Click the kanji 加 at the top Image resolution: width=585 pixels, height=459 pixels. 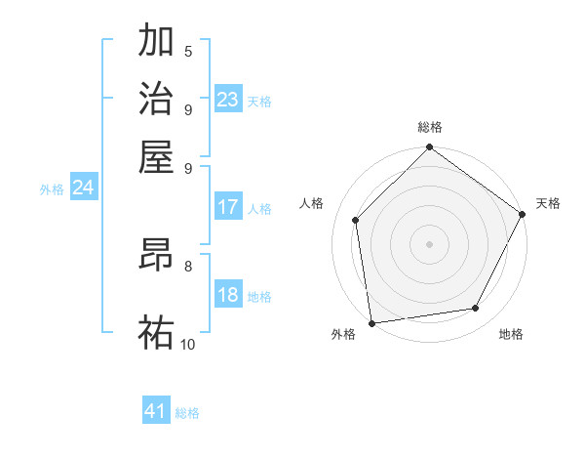coord(156,41)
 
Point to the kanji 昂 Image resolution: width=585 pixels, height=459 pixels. coord(156,257)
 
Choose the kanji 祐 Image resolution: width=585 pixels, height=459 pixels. coord(156,331)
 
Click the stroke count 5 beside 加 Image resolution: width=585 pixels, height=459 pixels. coord(187,51)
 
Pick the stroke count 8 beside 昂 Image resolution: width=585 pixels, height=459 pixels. coord(187,265)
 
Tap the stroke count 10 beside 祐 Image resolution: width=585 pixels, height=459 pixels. coord(187,344)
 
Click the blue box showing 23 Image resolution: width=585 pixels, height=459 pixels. coord(228,99)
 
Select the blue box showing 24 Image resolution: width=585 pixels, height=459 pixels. coord(83,188)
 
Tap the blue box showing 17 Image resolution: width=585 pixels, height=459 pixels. coord(228,207)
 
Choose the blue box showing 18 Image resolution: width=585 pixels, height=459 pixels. coord(228,296)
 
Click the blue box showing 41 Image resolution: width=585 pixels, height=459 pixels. coord(156,411)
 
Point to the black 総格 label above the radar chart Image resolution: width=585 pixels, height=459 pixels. coord(429,128)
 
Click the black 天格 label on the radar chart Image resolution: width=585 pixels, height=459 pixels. coord(548,203)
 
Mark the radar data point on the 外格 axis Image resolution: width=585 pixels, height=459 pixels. coord(371,322)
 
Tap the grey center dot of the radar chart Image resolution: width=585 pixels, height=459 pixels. coord(429,243)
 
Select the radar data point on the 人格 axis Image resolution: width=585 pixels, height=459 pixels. coord(356,220)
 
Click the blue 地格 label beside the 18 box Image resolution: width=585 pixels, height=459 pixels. coord(259,297)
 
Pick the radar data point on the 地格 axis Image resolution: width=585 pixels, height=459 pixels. coord(476,309)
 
